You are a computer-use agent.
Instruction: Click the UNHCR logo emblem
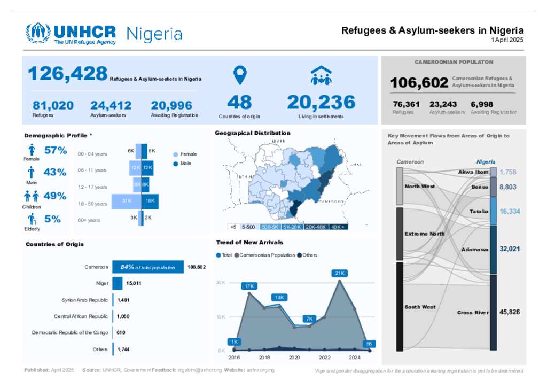point(38,33)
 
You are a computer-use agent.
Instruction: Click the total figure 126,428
point(67,74)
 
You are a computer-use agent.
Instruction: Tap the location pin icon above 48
point(240,75)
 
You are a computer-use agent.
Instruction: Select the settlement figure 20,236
point(321,102)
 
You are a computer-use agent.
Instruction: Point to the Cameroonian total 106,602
point(419,83)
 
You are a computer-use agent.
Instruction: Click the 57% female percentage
point(56,151)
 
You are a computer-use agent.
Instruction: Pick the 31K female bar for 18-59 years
point(127,201)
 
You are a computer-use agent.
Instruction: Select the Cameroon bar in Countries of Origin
point(148,267)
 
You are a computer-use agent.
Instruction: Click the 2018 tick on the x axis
point(264,358)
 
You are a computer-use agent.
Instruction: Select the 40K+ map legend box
point(339,227)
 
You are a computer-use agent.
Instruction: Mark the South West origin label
point(420,307)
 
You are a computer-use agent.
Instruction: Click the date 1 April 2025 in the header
point(507,40)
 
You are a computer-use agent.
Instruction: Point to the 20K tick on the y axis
point(221,283)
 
